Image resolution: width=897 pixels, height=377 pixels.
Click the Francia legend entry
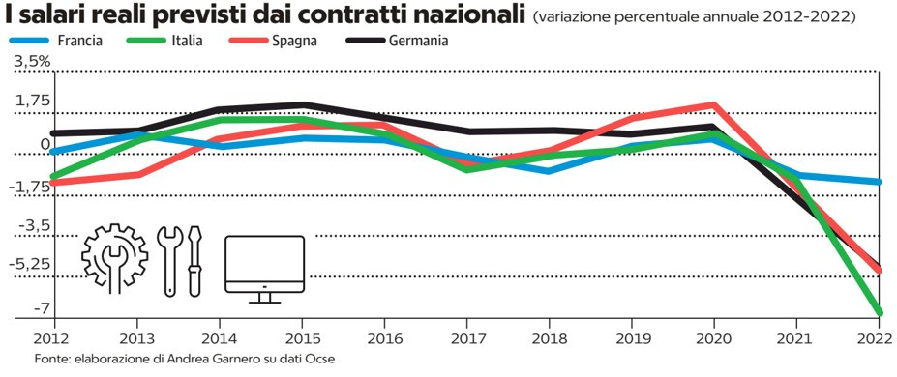click(56, 42)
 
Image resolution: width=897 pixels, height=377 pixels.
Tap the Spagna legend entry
click(275, 42)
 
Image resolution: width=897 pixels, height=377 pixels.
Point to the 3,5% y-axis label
click(32, 62)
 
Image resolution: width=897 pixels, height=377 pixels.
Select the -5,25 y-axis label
click(34, 266)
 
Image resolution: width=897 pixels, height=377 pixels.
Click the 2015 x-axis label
click(302, 339)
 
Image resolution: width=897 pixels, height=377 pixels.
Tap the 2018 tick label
click(550, 339)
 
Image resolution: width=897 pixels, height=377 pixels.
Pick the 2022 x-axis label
click(879, 339)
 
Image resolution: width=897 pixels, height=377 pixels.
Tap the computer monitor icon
click(264, 269)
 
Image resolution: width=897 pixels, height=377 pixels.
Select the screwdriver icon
click(195, 260)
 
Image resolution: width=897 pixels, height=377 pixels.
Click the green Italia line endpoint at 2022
click(879, 312)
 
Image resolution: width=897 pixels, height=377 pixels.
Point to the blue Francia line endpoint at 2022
click(879, 182)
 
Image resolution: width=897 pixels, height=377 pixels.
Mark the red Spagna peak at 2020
click(713, 104)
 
